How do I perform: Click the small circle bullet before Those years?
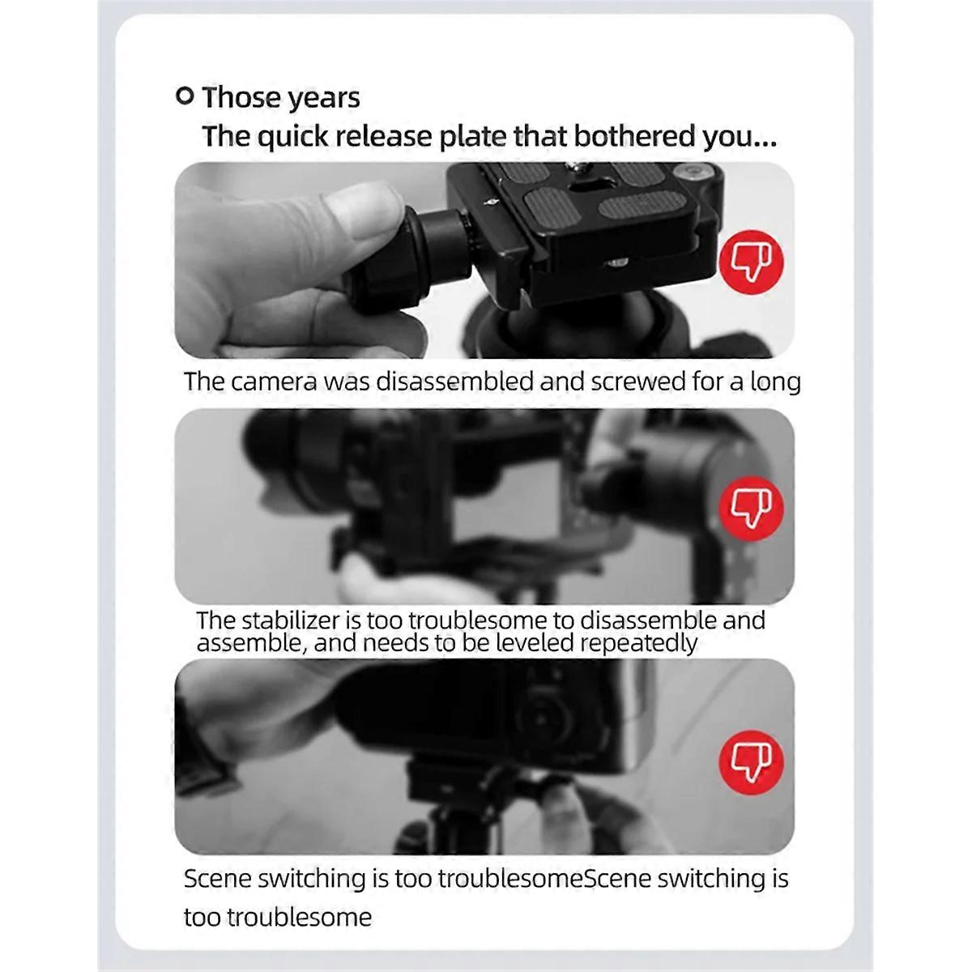coord(185,96)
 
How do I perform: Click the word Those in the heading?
coord(241,97)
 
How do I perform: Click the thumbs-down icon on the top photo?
coord(751,262)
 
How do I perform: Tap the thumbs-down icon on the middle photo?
coord(751,508)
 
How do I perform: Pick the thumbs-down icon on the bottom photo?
coord(751,762)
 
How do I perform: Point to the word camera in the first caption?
coord(275,382)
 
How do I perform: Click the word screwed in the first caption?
coord(637,382)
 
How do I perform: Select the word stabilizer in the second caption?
coord(291,621)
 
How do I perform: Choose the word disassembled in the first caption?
coord(454,382)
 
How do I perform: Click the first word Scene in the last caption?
coord(217,879)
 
